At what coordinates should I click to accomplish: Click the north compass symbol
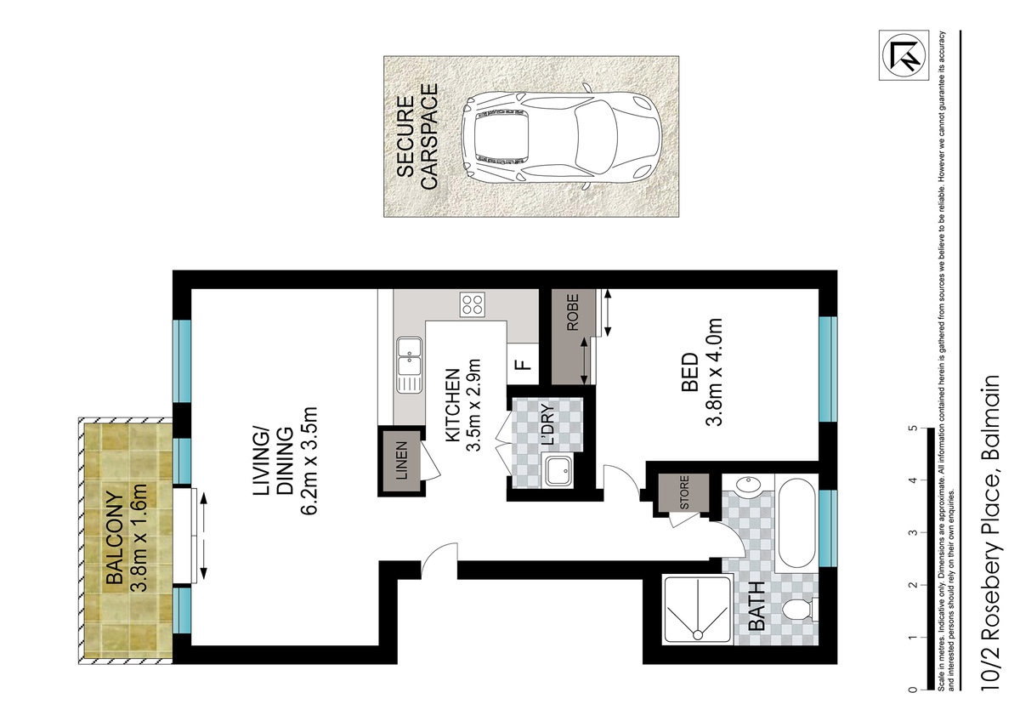[x=904, y=55]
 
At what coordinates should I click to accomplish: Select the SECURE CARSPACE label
[x=416, y=136]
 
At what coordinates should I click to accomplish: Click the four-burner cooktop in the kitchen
[x=472, y=304]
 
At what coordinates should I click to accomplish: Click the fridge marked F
[x=523, y=365]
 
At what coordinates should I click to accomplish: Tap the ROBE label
[x=572, y=312]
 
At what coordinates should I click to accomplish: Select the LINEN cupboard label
[x=401, y=462]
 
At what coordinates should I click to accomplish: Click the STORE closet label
[x=684, y=493]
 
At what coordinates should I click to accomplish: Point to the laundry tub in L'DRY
[x=558, y=470]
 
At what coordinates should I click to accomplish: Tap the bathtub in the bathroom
[x=796, y=522]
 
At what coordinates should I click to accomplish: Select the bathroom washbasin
[x=749, y=484]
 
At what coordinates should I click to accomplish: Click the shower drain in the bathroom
[x=697, y=634]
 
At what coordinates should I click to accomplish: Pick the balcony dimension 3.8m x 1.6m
[x=139, y=538]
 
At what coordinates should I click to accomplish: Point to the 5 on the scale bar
[x=912, y=429]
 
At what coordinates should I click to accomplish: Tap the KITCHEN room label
[x=452, y=406]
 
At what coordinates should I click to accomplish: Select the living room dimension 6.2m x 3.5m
[x=309, y=461]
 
